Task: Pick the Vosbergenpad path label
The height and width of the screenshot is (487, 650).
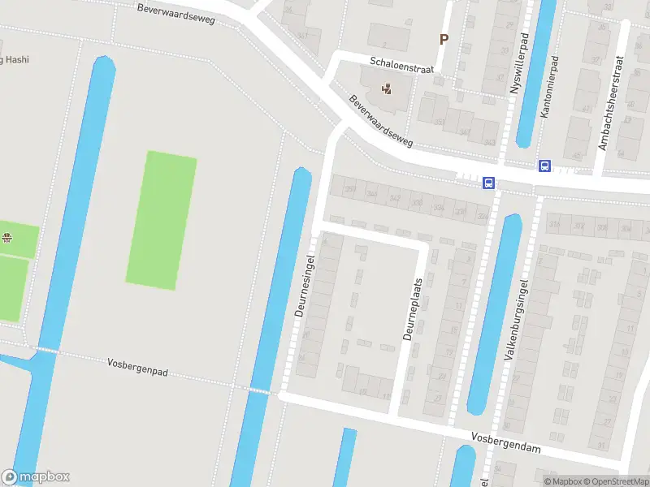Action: point(137,367)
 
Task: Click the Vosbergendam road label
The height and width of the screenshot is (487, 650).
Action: point(505,442)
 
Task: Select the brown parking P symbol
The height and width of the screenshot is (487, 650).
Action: point(444,38)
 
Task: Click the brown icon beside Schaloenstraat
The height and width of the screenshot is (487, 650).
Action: point(387,88)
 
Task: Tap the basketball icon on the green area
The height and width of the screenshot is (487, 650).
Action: point(7,238)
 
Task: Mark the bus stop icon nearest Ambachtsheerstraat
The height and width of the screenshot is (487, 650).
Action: point(544,166)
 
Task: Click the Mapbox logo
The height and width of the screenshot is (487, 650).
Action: point(35,477)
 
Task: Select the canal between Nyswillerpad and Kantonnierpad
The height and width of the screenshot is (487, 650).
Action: point(535,73)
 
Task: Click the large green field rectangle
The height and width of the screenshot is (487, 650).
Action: point(161,221)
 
